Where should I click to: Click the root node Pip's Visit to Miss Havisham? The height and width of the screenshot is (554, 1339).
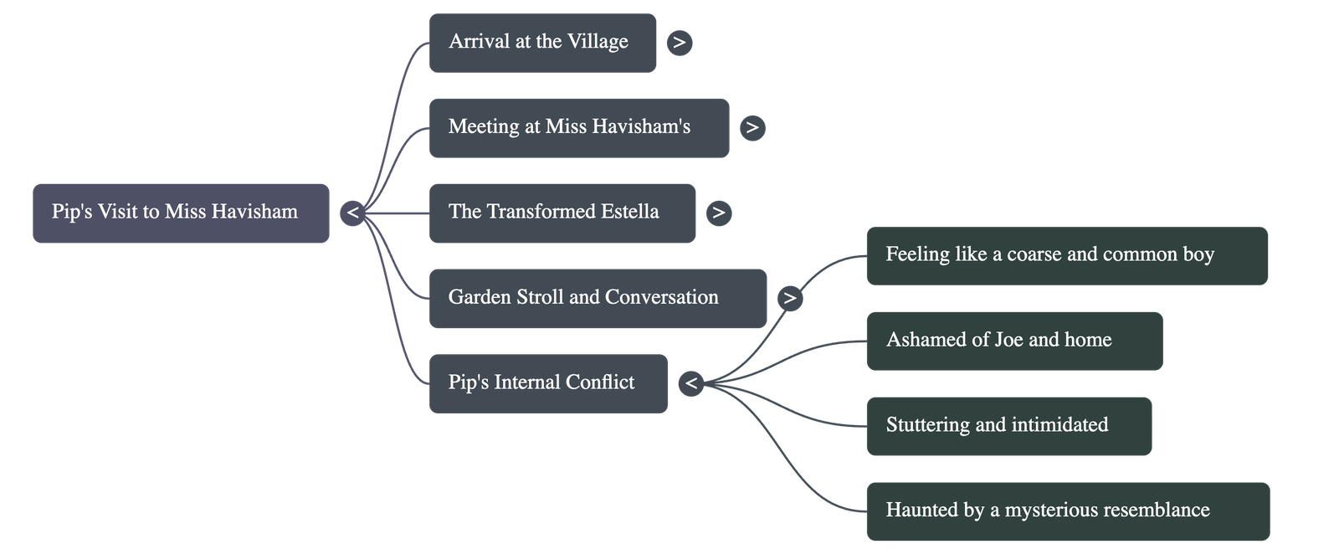click(x=181, y=213)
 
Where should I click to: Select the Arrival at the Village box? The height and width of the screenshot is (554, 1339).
click(x=542, y=43)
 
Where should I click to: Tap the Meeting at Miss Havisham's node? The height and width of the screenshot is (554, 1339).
click(x=578, y=128)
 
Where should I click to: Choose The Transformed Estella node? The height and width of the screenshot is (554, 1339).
click(x=562, y=213)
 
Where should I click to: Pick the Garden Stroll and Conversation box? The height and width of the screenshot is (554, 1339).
click(x=598, y=298)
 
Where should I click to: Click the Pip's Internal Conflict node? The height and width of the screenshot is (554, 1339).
click(x=548, y=383)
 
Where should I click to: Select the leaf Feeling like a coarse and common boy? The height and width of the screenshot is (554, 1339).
click(x=1067, y=255)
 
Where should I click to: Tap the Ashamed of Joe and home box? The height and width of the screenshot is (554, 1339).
click(x=1014, y=341)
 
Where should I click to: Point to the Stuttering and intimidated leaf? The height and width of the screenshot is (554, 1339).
click(x=1008, y=426)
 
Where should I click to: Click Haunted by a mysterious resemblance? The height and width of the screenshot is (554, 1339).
click(x=1067, y=510)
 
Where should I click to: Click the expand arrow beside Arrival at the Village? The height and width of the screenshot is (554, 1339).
click(x=680, y=43)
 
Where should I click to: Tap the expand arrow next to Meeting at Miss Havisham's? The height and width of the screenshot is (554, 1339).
click(x=752, y=128)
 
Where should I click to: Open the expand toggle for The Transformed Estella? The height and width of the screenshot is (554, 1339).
click(x=718, y=213)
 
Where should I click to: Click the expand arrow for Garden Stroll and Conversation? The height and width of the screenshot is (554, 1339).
click(x=789, y=298)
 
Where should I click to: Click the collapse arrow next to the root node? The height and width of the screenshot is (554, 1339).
click(x=352, y=213)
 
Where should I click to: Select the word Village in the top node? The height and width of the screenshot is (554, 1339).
click(x=598, y=42)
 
